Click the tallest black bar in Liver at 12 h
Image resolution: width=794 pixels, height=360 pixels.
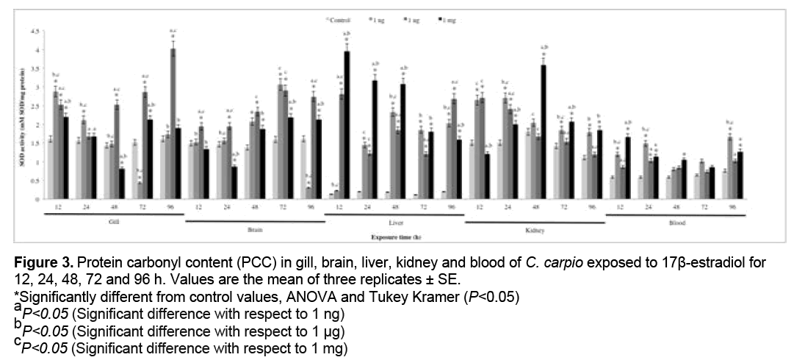(347, 124)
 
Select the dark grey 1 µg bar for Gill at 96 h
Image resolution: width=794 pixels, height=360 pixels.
(173, 124)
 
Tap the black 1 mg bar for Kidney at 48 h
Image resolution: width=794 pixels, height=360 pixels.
(542, 132)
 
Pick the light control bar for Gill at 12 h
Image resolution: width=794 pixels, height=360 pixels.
(50, 168)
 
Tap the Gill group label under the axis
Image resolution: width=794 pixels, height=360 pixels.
(112, 220)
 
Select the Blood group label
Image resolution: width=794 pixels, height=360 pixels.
(676, 220)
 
